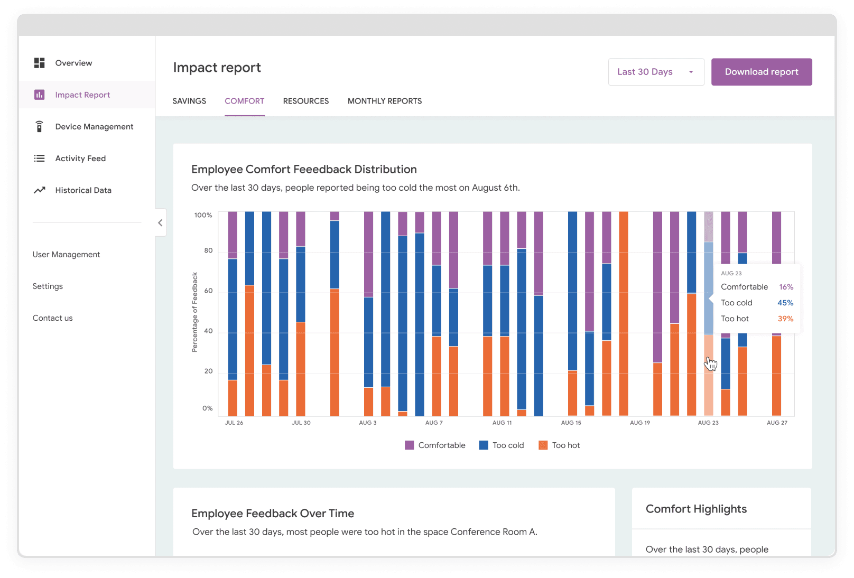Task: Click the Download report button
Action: click(x=761, y=72)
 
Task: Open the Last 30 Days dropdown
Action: click(x=656, y=72)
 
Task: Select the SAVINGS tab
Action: click(x=189, y=101)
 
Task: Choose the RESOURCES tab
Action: click(x=305, y=101)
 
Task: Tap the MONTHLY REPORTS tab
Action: click(x=384, y=101)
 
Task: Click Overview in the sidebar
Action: click(x=73, y=63)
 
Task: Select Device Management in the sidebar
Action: click(x=94, y=127)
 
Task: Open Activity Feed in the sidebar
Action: click(x=80, y=159)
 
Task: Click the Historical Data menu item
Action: click(x=83, y=190)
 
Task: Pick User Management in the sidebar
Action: click(x=66, y=255)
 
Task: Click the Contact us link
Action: click(x=52, y=318)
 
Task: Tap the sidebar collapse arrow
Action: click(x=160, y=222)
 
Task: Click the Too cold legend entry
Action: click(x=502, y=445)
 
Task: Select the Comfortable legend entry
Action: click(x=435, y=445)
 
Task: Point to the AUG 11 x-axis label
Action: click(x=502, y=423)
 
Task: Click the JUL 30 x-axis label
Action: click(x=301, y=423)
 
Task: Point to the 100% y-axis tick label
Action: click(x=203, y=215)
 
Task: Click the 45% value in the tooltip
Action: click(x=785, y=303)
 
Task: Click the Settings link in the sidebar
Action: click(x=48, y=286)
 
